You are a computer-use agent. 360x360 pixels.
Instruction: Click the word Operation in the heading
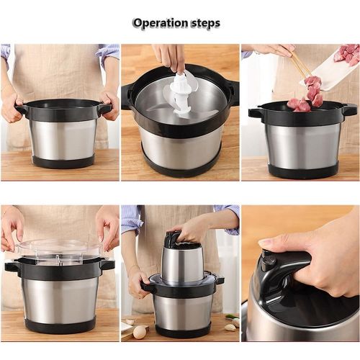(x=161, y=23)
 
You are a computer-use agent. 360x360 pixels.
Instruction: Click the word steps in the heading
(x=206, y=23)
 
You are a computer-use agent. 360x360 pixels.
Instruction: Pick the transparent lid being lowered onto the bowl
(x=59, y=251)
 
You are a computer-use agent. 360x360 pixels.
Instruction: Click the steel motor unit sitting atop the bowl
(x=182, y=261)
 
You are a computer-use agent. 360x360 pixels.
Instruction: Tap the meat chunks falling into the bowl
(x=305, y=96)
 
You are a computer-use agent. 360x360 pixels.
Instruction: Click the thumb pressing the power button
(x=276, y=243)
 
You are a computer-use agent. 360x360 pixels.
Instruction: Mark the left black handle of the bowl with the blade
(x=127, y=96)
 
